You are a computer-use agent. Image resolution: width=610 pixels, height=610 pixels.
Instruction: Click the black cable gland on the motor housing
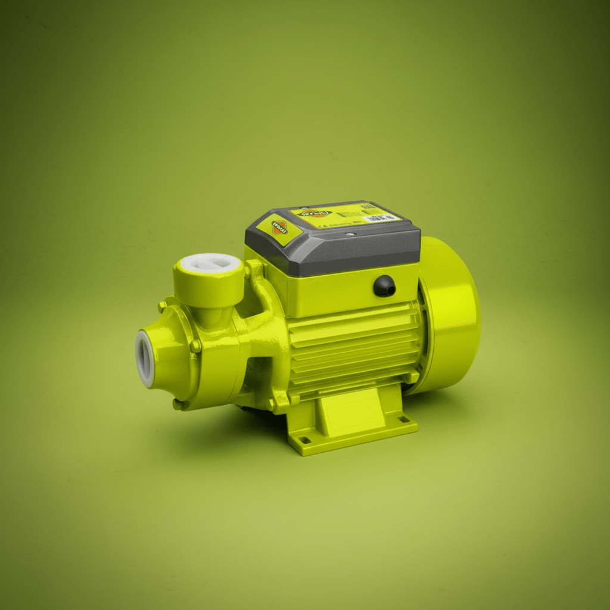(384, 286)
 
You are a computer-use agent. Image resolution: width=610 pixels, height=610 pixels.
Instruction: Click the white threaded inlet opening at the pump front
(145, 358)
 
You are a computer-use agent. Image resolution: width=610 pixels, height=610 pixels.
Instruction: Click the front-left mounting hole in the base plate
(306, 440)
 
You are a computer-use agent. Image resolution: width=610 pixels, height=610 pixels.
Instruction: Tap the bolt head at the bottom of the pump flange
(178, 404)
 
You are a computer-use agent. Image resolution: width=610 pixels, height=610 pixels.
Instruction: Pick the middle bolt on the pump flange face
(194, 346)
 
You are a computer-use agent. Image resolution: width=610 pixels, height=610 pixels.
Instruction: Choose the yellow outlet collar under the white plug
(208, 286)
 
